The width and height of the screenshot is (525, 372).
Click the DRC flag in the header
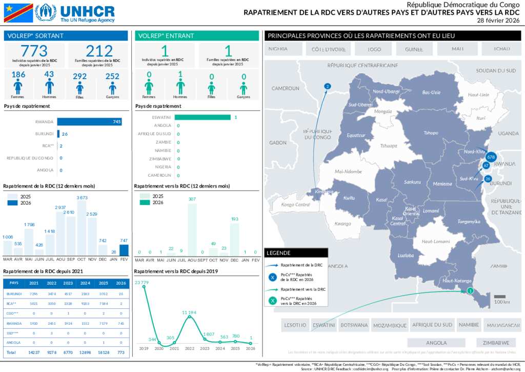coord(18,13)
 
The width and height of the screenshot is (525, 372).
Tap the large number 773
coord(34,51)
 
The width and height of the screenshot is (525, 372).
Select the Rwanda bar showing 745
coord(89,122)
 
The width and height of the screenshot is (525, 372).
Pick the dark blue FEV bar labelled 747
coord(124,250)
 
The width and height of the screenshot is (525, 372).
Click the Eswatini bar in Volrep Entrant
coord(203,117)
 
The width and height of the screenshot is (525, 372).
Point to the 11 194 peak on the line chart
coord(190,317)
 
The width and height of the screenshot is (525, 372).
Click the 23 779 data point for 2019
coord(144,287)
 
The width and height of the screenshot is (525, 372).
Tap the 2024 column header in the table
coord(86,283)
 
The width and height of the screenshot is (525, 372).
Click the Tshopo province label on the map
coord(431,133)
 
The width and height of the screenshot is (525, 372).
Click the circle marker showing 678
coord(491,157)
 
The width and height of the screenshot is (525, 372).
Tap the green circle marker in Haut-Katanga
coord(470,291)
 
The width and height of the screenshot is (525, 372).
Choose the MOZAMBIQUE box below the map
coord(389,325)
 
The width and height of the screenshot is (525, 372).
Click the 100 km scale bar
coord(500,296)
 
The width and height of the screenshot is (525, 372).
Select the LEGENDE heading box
coord(296,253)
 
